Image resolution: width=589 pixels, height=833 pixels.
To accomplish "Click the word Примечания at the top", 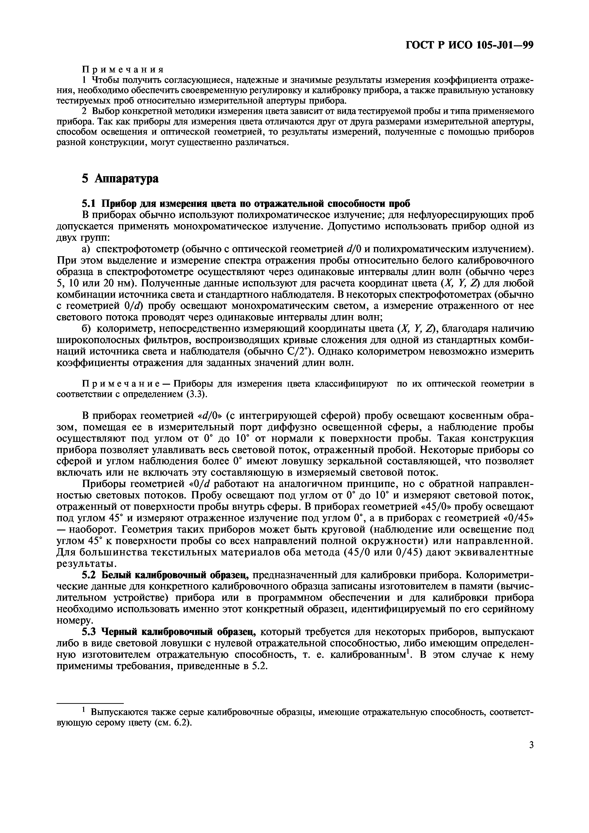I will point(123,69).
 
